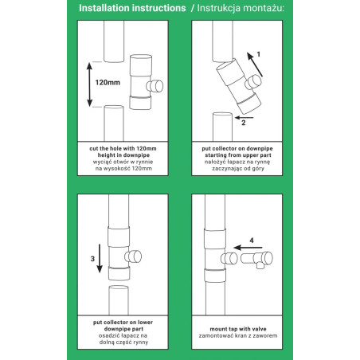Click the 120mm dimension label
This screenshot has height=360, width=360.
[108, 83]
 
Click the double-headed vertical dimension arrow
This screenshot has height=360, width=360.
[89, 84]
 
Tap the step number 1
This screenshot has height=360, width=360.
[258, 54]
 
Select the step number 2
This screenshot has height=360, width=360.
[244, 123]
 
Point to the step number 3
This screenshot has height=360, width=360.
[92, 259]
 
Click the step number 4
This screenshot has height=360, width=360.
[252, 241]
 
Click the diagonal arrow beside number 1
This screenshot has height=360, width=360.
[255, 65]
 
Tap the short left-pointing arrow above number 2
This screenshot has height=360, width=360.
[245, 117]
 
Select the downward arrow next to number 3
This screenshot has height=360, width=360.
[100, 258]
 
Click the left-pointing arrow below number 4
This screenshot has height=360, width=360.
[248, 248]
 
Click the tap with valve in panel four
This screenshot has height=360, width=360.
[256, 259]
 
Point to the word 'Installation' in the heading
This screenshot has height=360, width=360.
[104, 8]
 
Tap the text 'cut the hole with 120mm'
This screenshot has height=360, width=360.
[123, 149]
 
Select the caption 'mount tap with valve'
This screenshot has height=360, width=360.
[238, 329]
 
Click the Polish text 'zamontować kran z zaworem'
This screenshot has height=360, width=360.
[238, 336]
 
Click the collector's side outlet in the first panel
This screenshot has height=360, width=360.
[155, 86]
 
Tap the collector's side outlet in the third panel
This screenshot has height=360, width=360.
[133, 256]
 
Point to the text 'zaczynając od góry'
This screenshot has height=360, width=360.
[238, 169]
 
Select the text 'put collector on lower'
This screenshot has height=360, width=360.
[123, 323]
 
